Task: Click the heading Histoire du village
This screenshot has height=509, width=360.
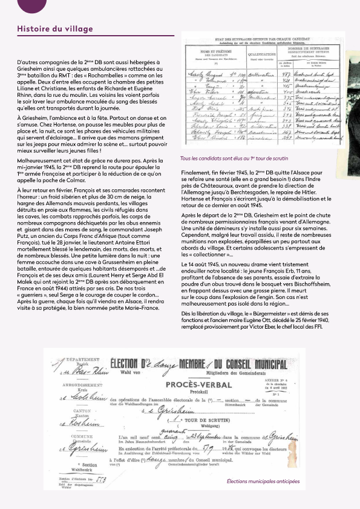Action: tap(55, 29)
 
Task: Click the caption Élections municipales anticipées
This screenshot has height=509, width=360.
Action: tap(263, 482)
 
